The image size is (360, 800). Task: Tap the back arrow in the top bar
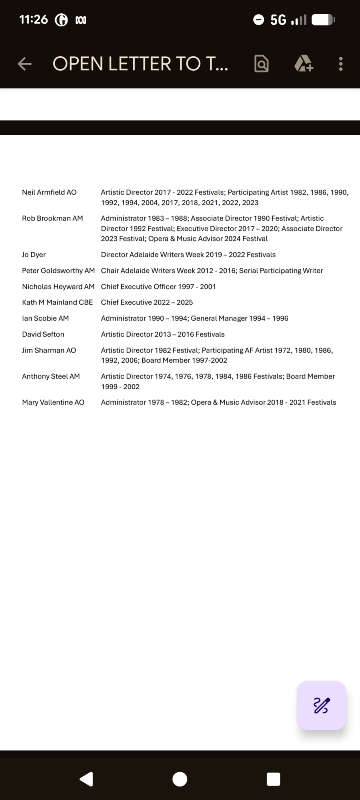click(25, 64)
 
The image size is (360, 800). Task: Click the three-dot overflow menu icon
click(341, 64)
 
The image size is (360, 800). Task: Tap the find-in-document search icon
click(262, 64)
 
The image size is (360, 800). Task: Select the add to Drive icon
click(304, 64)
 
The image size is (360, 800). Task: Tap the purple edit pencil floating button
click(321, 705)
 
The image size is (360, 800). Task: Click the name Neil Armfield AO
click(49, 192)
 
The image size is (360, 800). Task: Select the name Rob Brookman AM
click(52, 218)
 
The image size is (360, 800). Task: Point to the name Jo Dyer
click(34, 255)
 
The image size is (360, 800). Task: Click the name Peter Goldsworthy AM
click(58, 271)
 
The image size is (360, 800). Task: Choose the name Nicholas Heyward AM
click(58, 287)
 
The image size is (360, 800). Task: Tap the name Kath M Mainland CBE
click(58, 302)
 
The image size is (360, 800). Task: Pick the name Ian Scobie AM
click(46, 318)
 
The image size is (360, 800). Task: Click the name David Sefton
click(43, 334)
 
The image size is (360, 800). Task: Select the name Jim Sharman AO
click(49, 350)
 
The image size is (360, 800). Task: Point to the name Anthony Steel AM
click(51, 376)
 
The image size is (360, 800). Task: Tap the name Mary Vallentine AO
click(53, 402)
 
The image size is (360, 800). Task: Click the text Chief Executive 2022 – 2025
click(147, 302)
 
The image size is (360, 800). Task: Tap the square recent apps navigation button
click(273, 779)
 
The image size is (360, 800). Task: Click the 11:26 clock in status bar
click(34, 19)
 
